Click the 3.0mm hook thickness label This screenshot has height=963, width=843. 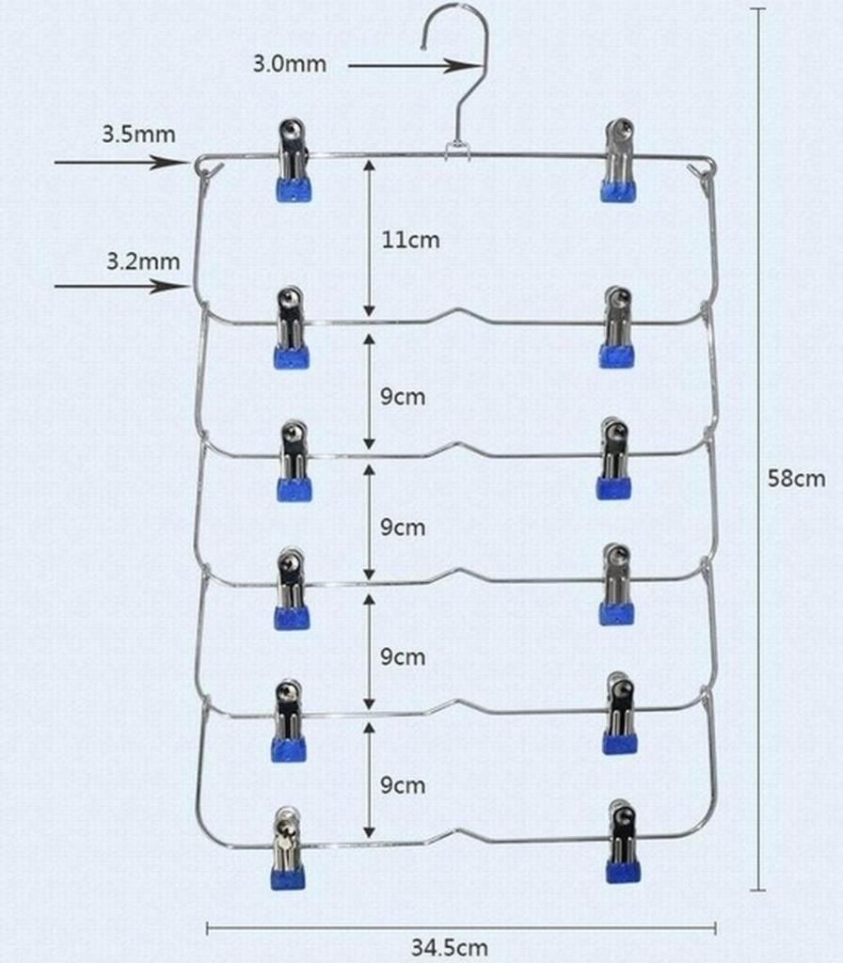click(290, 64)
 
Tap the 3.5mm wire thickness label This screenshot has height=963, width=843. click(139, 134)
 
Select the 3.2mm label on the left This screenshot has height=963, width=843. click(143, 261)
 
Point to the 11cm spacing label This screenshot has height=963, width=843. click(410, 240)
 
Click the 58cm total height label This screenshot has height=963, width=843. click(796, 478)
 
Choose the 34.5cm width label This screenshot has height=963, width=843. click(450, 947)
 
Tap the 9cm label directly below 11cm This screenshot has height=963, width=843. click(403, 397)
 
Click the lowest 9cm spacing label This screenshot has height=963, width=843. click(403, 785)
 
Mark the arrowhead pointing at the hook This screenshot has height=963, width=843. click(462, 66)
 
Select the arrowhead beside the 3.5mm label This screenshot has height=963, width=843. click(170, 163)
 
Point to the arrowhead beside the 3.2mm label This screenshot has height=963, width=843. click(170, 286)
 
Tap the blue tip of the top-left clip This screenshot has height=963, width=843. click(294, 190)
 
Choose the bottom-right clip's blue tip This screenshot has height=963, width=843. click(623, 872)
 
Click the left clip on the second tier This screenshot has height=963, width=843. click(292, 327)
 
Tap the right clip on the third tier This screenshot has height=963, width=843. click(613, 458)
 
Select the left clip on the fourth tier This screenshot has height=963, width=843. click(292, 589)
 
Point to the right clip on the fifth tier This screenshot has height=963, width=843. click(620, 713)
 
